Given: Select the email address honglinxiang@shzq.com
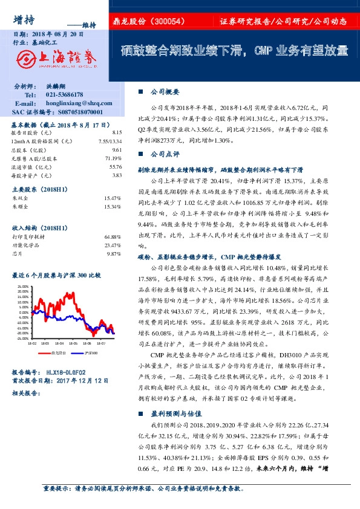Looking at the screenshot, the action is pyautogui.click(x=74, y=103).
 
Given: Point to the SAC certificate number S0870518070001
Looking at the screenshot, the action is pyautogui.click(x=74, y=112).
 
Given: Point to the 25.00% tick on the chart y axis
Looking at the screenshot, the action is pyautogui.click(x=24, y=287).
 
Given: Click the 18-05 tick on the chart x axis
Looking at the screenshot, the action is pyautogui.click(x=71, y=342).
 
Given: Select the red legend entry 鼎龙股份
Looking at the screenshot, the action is pyautogui.click(x=57, y=352).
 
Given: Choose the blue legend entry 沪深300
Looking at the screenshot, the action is pyautogui.click(x=91, y=352).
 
